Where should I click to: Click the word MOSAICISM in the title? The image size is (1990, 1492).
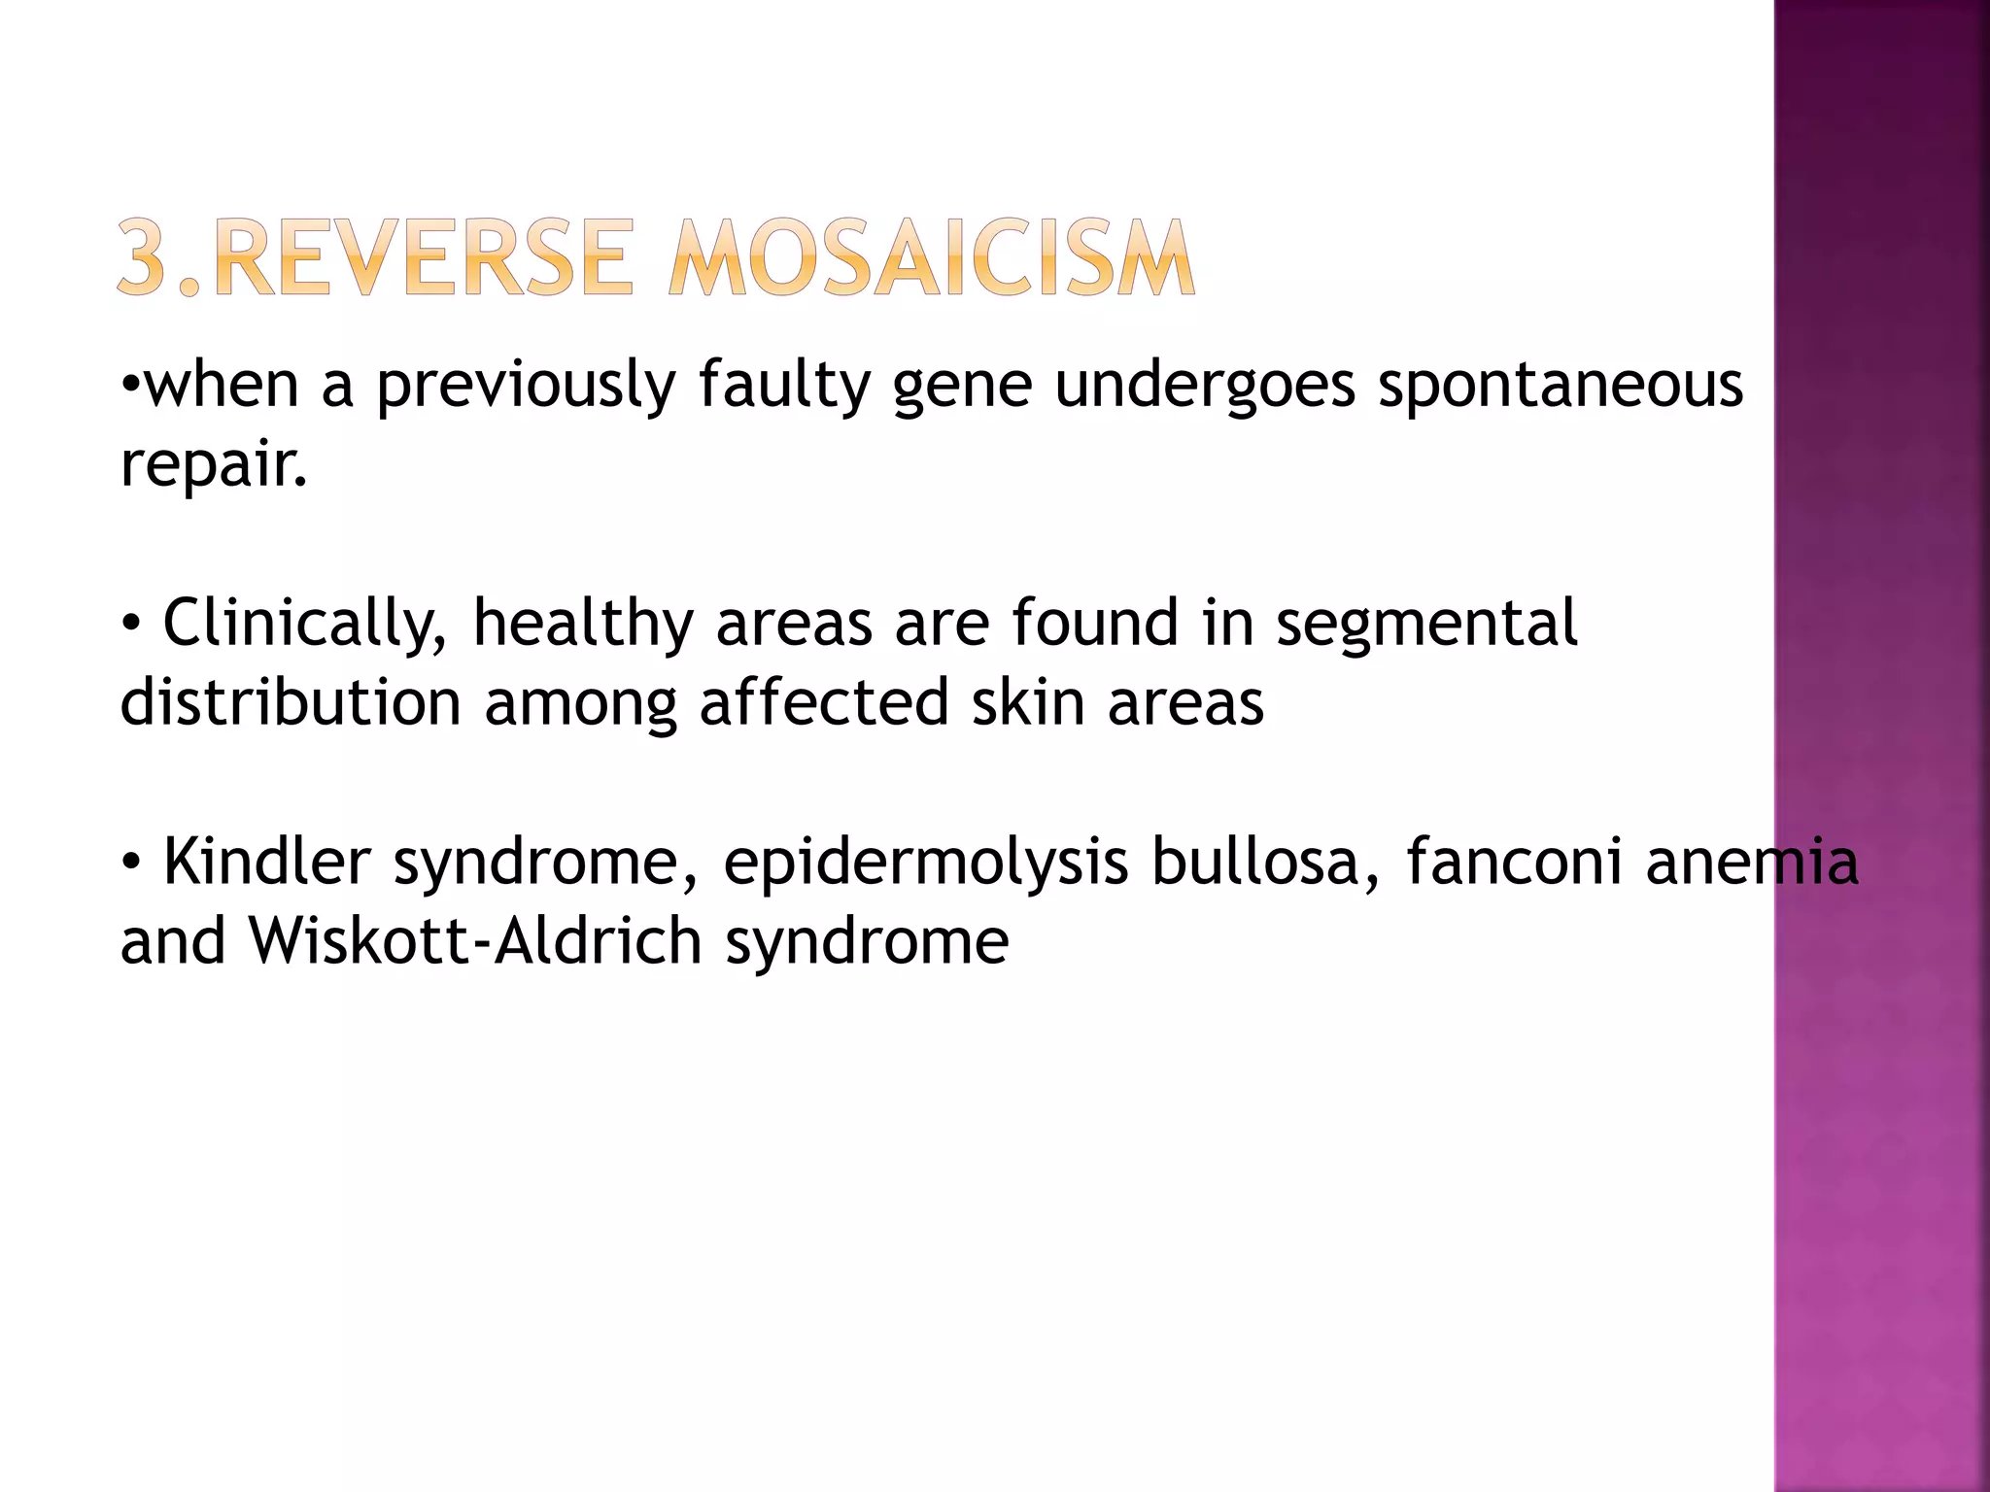931,257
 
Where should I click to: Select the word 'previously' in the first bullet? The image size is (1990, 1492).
525,387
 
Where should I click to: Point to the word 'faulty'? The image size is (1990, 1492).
783,387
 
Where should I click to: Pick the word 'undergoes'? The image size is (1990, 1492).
1205,387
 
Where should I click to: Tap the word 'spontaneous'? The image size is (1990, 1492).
1561,387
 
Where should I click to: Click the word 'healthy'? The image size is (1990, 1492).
583,625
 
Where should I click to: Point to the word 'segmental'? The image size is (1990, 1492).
1426,623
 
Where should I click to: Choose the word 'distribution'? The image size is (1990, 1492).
291,702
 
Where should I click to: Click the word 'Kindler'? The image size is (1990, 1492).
267,862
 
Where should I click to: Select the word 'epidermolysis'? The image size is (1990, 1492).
925,864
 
